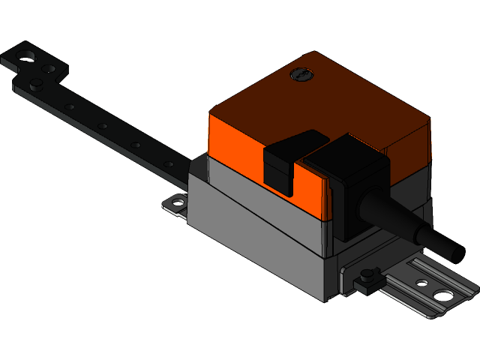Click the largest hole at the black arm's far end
pyautogui.click(x=28, y=55)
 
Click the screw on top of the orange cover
pyautogui.click(x=301, y=75)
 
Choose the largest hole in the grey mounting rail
pyautogui.click(x=445, y=295)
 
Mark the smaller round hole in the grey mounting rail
pyautogui.click(x=422, y=283)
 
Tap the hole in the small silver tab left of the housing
pyautogui.click(x=178, y=201)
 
